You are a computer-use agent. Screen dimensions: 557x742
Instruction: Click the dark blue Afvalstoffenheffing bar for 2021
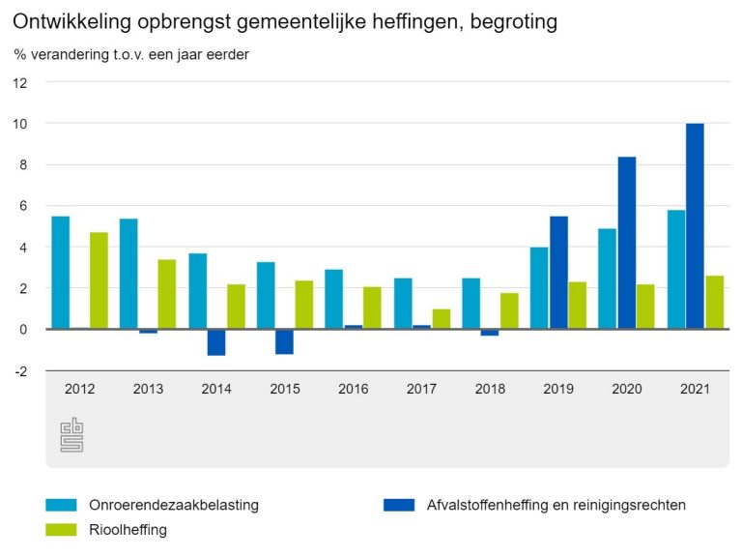coord(695,226)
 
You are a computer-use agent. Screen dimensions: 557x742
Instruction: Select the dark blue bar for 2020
coord(627,243)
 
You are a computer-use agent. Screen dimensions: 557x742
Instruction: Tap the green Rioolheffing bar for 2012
coord(100,280)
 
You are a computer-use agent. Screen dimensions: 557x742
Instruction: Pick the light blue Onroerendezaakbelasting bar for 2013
coord(128,274)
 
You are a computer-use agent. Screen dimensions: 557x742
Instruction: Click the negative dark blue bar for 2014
coord(216,342)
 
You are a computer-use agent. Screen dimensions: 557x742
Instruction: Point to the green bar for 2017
coord(442,319)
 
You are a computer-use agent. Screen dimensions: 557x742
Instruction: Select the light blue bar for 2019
coord(539,288)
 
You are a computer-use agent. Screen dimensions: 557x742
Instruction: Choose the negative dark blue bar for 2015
coord(285,341)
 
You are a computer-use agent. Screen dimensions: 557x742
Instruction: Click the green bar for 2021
coord(714,303)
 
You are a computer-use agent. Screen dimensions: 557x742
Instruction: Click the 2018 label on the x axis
coord(490,389)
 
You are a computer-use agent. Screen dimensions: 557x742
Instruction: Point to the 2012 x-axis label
coord(80,389)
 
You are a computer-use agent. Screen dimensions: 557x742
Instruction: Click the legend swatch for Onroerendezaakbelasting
coord(60,504)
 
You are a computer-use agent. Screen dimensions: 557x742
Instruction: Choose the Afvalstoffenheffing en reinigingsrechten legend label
coord(556,504)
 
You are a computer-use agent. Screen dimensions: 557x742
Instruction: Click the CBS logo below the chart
coord(72,434)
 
